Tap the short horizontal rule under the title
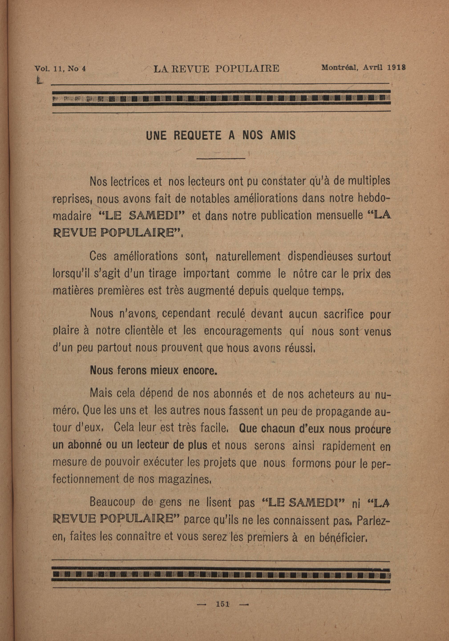221,159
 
